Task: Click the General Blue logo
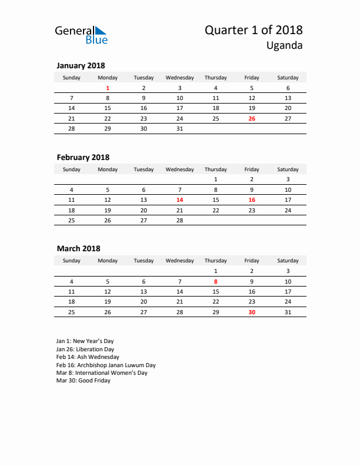pos(81,35)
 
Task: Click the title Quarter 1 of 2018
pos(254,30)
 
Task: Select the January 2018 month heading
pos(81,66)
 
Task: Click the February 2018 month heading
pos(83,157)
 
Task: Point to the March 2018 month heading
pos(78,248)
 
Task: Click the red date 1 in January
pos(108,88)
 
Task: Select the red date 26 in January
pos(251,118)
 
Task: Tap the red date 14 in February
pos(179,200)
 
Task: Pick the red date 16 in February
pos(251,200)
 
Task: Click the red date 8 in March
pos(215,281)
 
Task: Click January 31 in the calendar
pos(179,128)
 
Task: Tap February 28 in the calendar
pos(179,220)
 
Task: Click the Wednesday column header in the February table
pos(179,169)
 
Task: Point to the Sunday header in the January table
pos(72,78)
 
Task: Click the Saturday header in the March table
pos(288,261)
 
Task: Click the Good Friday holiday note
pos(83,381)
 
